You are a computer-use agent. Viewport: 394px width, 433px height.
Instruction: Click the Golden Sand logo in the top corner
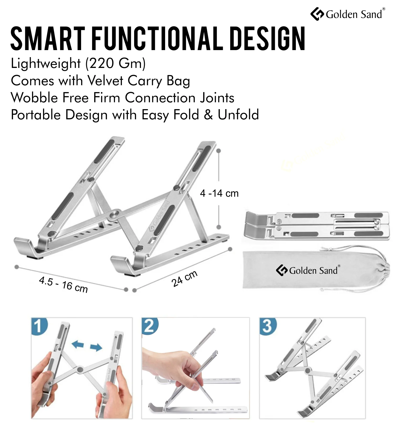point(348,14)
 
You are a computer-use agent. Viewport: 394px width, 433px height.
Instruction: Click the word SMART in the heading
point(48,38)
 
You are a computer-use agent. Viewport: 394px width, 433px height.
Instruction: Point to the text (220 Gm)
point(115,64)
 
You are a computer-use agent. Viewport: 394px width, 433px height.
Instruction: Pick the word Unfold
point(238,115)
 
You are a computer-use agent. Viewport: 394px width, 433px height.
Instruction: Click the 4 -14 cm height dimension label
point(219,193)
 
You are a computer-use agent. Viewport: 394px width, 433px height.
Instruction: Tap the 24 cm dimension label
point(184,279)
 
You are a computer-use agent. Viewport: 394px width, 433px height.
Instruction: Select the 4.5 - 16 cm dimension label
point(63,285)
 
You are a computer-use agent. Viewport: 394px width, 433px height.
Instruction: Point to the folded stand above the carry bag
point(316,225)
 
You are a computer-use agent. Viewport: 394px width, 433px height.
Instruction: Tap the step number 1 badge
point(39,326)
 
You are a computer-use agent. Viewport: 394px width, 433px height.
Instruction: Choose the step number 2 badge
point(150,326)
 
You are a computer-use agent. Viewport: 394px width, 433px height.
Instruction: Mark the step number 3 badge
point(268,326)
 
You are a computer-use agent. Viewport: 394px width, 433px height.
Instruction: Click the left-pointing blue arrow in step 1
point(78,344)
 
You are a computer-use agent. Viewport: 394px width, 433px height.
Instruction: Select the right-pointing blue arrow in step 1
point(96,348)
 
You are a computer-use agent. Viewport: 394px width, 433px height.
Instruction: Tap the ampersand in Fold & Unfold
point(208,115)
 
